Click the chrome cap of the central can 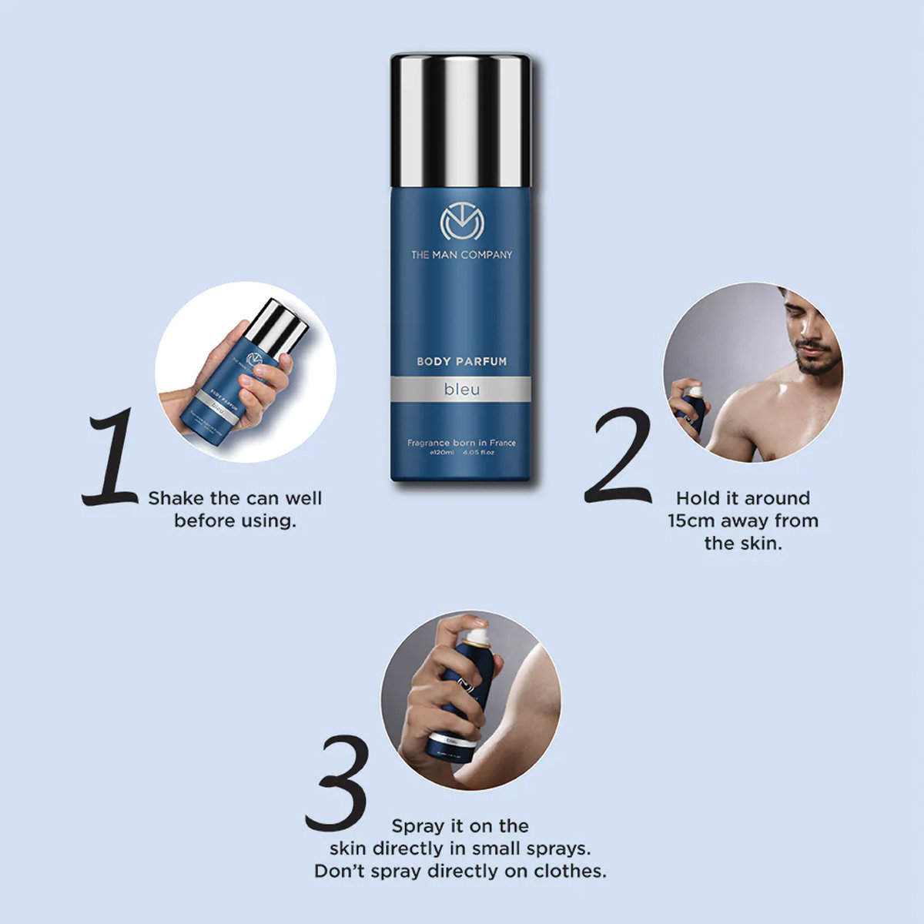(460, 119)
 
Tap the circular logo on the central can (460, 223)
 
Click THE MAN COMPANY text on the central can (460, 255)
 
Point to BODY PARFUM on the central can (461, 361)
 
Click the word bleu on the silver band (461, 390)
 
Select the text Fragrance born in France (461, 443)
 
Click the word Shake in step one (176, 498)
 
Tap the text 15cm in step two (691, 521)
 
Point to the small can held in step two (691, 408)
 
